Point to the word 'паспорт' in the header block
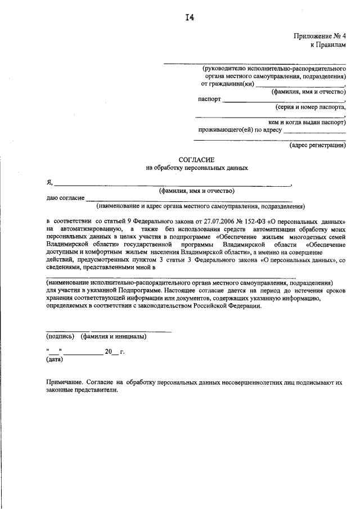[209, 99]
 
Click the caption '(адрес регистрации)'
[317, 145]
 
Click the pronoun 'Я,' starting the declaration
[49, 183]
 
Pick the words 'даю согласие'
[65, 198]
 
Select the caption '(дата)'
[55, 359]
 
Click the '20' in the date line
[108, 352]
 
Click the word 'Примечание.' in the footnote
[65, 381]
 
